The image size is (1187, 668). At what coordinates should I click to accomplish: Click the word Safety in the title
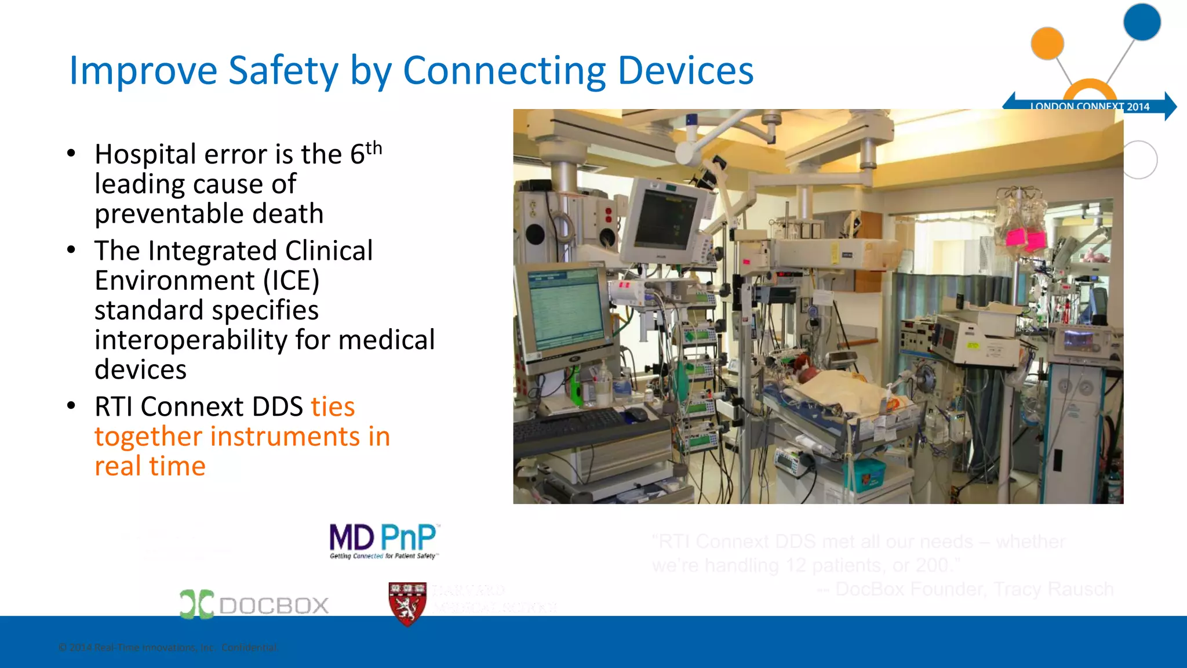(x=283, y=71)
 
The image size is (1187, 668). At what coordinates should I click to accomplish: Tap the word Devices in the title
(x=685, y=71)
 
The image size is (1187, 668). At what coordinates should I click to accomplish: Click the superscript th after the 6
(x=374, y=148)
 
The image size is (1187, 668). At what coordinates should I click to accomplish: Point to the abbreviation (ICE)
(x=291, y=281)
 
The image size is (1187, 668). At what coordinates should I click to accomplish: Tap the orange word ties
(x=333, y=406)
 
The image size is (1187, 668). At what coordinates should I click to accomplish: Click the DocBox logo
(x=254, y=604)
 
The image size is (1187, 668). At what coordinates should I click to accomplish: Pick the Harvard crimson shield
(x=407, y=604)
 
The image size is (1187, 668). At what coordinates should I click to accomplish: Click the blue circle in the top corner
(x=1142, y=23)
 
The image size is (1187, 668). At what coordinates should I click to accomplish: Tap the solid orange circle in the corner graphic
(x=1047, y=43)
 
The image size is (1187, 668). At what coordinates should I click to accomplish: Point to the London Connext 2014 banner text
(x=1090, y=107)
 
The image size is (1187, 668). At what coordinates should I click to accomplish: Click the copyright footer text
(x=168, y=648)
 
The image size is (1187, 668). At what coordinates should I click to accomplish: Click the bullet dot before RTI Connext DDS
(x=71, y=406)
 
